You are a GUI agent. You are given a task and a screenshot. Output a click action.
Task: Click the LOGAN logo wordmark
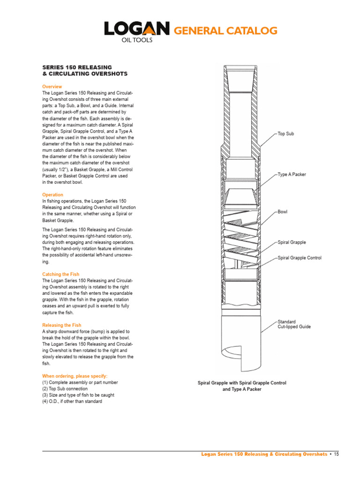136,30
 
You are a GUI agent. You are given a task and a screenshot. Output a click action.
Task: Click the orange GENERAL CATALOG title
226,31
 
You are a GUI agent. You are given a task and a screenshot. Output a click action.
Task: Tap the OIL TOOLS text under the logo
137,40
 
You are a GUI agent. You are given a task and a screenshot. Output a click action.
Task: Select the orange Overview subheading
52,87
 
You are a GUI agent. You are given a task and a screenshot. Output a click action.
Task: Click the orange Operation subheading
52,195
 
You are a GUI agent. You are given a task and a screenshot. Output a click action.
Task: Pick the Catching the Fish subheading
61,274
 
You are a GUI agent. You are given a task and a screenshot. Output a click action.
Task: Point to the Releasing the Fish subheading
62,325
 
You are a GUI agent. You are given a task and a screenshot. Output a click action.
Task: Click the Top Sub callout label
286,134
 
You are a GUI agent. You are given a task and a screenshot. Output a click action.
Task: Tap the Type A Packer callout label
292,174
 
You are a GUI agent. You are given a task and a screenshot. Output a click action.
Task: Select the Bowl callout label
283,212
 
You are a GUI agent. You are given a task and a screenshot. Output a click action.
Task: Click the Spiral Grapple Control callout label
300,258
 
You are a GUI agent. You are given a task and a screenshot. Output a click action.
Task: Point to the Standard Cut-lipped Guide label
294,324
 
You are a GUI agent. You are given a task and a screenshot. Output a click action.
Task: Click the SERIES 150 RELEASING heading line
77,67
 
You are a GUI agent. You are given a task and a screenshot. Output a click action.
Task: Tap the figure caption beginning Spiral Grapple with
242,386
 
